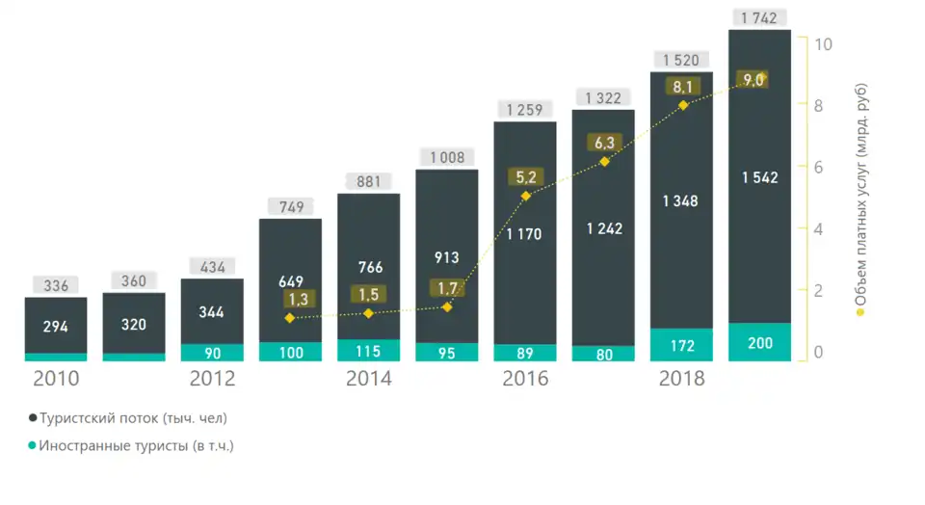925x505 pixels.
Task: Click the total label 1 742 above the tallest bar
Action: click(759, 17)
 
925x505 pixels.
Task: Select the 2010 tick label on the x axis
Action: click(57, 379)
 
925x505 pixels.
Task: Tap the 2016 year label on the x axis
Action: click(525, 379)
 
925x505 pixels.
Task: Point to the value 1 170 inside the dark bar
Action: click(525, 232)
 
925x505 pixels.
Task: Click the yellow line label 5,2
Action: click(525, 176)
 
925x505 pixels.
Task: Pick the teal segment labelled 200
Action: click(759, 344)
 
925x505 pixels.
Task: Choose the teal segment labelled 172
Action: click(681, 345)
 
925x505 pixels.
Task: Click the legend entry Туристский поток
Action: click(132, 418)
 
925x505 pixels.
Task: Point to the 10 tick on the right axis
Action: click(823, 44)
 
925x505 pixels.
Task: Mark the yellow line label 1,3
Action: click(290, 300)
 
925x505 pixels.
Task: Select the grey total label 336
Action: click(56, 284)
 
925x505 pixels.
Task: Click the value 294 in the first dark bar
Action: click(56, 327)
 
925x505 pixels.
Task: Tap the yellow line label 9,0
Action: click(752, 81)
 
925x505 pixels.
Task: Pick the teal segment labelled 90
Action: click(212, 352)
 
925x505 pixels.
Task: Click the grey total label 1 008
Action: click(446, 156)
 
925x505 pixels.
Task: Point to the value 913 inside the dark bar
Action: click(446, 257)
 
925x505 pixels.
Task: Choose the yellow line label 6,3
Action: click(604, 143)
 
